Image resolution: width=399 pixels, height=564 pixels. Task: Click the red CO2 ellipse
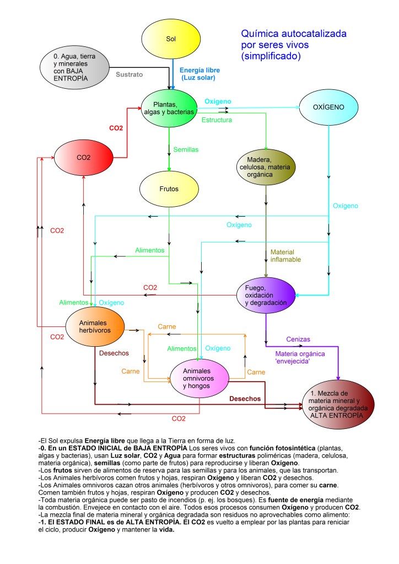click(x=84, y=157)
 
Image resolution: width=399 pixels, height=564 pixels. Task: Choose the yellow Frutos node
click(x=169, y=189)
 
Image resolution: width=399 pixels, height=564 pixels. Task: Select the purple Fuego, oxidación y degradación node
click(x=267, y=296)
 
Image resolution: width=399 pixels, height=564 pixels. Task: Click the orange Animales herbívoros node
click(x=95, y=327)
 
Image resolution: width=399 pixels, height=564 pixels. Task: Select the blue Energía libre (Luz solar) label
click(x=200, y=74)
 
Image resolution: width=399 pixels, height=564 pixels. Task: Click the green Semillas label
click(x=186, y=149)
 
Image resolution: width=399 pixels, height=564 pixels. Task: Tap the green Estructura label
click(x=217, y=120)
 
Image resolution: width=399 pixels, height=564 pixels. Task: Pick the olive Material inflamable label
click(x=285, y=255)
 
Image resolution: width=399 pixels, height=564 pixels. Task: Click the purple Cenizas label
click(x=298, y=339)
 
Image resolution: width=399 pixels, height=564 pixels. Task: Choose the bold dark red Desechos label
click(x=245, y=399)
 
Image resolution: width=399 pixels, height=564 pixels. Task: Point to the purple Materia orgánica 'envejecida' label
click(x=300, y=357)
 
